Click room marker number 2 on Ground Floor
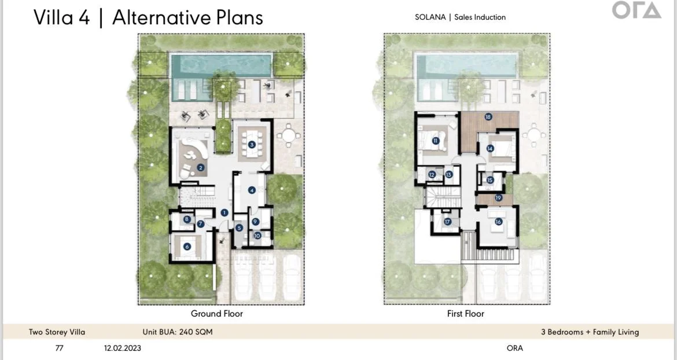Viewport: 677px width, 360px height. point(200,167)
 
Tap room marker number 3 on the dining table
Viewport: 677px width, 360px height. point(252,145)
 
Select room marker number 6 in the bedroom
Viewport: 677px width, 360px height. point(187,247)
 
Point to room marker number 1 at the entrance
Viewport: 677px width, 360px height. point(224,212)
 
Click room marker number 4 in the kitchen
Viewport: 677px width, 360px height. point(252,190)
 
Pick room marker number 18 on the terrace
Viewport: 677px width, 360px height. point(488,116)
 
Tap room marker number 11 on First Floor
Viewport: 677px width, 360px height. point(436,141)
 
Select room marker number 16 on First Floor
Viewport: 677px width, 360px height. point(498,222)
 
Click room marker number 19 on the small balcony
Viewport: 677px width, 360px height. point(498,198)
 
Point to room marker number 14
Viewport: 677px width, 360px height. point(490,149)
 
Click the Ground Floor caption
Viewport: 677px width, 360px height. point(217,314)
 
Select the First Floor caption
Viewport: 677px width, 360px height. point(465,314)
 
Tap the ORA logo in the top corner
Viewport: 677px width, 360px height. point(636,10)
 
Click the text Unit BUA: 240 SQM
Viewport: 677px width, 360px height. point(178,332)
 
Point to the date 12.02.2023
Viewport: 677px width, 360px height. point(122,348)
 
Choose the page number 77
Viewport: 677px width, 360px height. point(59,348)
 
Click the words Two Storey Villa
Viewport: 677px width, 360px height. point(57,332)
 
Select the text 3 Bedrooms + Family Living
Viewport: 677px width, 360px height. point(590,332)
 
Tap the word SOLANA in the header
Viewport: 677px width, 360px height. point(430,17)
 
